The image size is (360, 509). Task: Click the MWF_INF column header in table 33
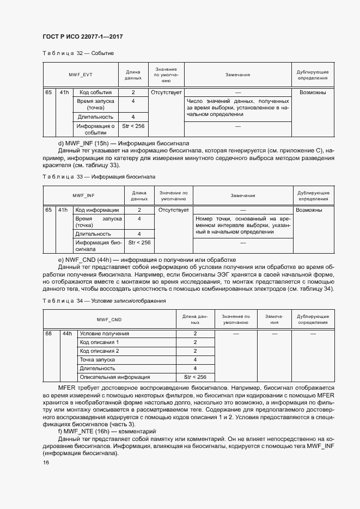pyautogui.click(x=83, y=195)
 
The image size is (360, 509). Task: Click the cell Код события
pyautogui.click(x=95, y=93)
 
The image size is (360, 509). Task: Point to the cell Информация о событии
pyautogui.click(x=95, y=129)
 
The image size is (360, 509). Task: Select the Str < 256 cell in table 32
pyautogui.click(x=133, y=126)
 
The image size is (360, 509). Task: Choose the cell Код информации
pyautogui.click(x=97, y=210)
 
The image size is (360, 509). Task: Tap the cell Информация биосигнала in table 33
pyautogui.click(x=97, y=246)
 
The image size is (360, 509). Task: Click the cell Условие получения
pyautogui.click(x=104, y=333)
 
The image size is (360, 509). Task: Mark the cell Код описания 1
pyautogui.click(x=99, y=342)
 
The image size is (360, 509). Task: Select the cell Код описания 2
pyautogui.click(x=99, y=351)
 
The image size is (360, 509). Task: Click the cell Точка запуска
pyautogui.click(x=97, y=359)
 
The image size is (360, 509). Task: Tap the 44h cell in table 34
pyautogui.click(x=67, y=333)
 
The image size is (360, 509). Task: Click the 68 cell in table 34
pyautogui.click(x=49, y=333)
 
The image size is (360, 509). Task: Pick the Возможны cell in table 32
pyautogui.click(x=313, y=93)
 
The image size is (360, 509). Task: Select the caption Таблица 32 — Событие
pyautogui.click(x=78, y=53)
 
